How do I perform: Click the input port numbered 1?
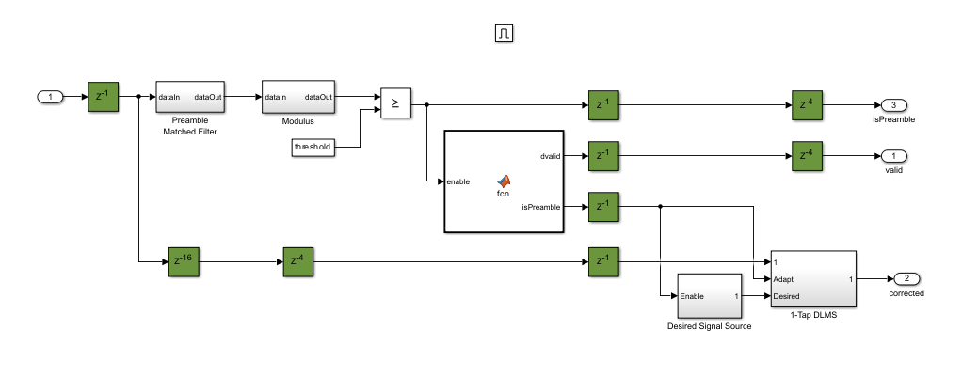50,96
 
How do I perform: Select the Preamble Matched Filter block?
189,97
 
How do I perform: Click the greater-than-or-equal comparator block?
395,104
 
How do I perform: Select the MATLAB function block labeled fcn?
503,181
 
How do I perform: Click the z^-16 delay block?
185,261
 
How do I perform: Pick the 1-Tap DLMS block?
811,279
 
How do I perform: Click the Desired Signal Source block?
707,297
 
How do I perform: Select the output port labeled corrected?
906,279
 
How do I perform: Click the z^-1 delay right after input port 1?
104,96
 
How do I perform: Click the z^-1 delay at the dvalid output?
602,156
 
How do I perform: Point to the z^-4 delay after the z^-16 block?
298,261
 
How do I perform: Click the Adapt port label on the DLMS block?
786,279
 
